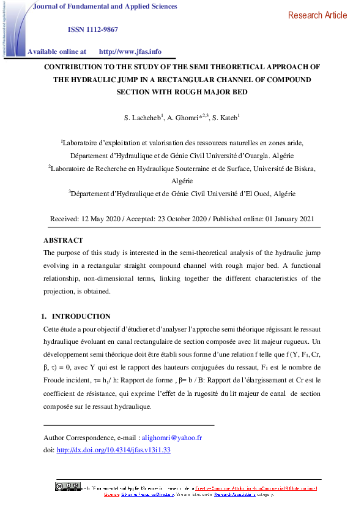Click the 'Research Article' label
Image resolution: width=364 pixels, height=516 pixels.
pyautogui.click(x=317, y=15)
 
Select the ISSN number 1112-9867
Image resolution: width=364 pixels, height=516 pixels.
pyautogui.click(x=92, y=29)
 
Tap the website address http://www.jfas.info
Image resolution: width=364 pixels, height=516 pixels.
pyautogui.click(x=130, y=52)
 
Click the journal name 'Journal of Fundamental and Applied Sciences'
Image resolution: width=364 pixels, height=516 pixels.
pyautogui.click(x=104, y=7)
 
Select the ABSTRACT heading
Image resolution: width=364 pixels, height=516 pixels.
pyautogui.click(x=63, y=240)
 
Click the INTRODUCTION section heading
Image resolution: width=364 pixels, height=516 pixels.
pyautogui.click(x=81, y=316)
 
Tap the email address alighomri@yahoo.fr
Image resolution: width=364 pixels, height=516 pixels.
pyautogui.click(x=172, y=438)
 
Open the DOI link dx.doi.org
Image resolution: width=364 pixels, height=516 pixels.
pyautogui.click(x=113, y=450)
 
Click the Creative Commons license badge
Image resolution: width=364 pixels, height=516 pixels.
pyautogui.click(x=67, y=487)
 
